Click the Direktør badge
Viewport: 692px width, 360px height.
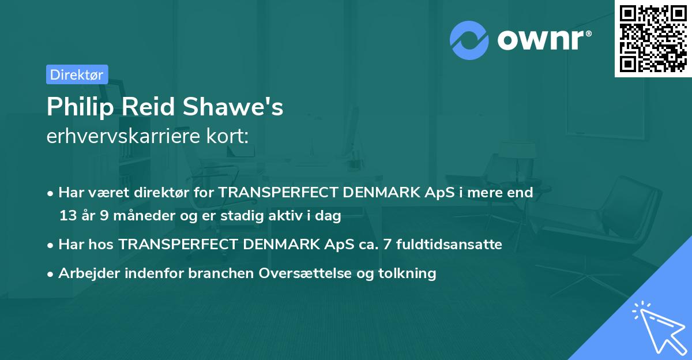tap(77, 74)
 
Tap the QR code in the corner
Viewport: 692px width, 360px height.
tap(653, 38)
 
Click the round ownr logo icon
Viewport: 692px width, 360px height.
tap(469, 40)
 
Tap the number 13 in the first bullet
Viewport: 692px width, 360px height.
tap(67, 216)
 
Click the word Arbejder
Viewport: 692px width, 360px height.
tap(85, 273)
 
